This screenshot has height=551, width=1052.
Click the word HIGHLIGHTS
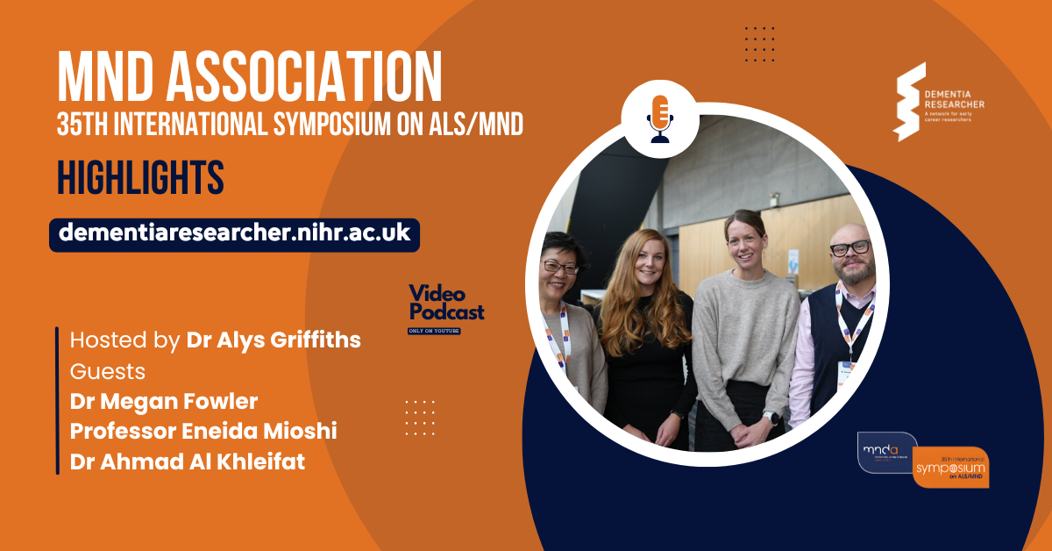(140, 178)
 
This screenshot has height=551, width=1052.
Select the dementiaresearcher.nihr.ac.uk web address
(234, 234)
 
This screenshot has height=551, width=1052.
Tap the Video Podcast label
(446, 304)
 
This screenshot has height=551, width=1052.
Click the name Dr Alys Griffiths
(274, 340)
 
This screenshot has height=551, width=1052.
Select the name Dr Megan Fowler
(164, 402)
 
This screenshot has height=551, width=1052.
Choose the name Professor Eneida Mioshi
(203, 432)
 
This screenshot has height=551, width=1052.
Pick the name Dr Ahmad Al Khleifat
(188, 462)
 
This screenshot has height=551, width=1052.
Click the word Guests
(108, 371)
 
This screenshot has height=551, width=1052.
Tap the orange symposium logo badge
(950, 468)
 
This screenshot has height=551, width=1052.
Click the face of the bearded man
(848, 255)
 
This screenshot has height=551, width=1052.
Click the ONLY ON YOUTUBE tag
(434, 331)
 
